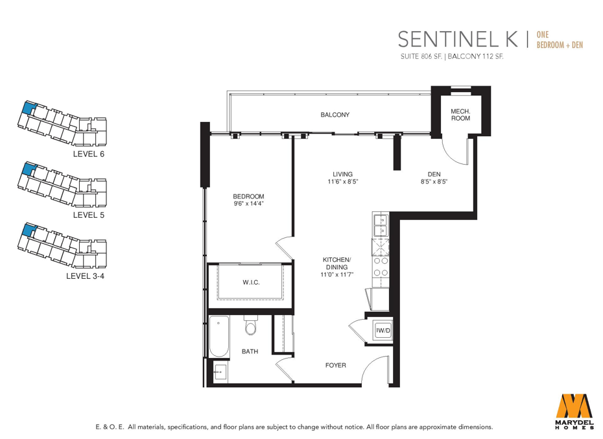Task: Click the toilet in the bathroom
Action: (251, 326)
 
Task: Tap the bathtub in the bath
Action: (219, 337)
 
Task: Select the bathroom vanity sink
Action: (220, 372)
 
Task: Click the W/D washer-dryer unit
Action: (383, 331)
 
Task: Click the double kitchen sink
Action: (381, 225)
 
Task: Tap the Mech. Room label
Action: (460, 115)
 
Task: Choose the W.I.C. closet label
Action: (251, 283)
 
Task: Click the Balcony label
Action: (335, 115)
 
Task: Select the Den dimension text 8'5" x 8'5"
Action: (434, 182)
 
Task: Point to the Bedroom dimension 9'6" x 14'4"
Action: (248, 204)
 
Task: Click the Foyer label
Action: (336, 365)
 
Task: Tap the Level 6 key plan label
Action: (88, 154)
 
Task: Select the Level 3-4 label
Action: (85, 276)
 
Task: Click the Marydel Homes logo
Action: (574, 410)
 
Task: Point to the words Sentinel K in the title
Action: (458, 40)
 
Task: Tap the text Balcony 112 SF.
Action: (476, 56)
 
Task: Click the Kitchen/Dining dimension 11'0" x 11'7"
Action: (337, 274)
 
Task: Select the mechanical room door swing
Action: (455, 150)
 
